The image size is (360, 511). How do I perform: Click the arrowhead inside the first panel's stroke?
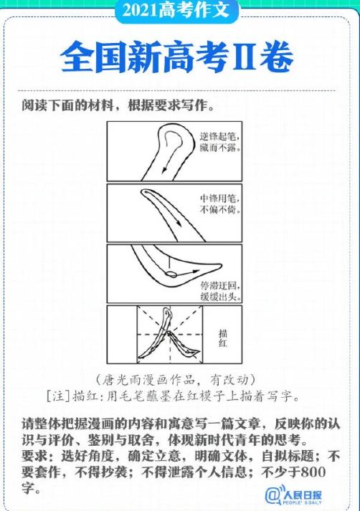point(164,171)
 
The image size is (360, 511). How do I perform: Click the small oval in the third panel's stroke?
point(171,273)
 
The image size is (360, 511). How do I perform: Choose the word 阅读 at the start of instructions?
point(33,105)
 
